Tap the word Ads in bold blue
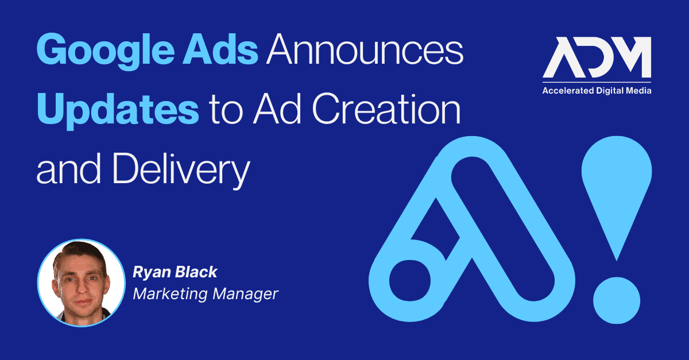(x=220, y=49)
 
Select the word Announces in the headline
(x=365, y=49)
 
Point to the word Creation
(x=386, y=109)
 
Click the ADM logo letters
(x=597, y=57)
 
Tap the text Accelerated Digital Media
(x=597, y=91)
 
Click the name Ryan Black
(x=175, y=272)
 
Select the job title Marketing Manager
(x=206, y=293)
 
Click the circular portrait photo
(x=81, y=282)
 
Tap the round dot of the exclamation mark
(x=617, y=300)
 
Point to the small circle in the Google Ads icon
(x=410, y=281)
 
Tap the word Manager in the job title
(x=246, y=294)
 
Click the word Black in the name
(x=196, y=272)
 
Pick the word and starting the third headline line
(x=68, y=169)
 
